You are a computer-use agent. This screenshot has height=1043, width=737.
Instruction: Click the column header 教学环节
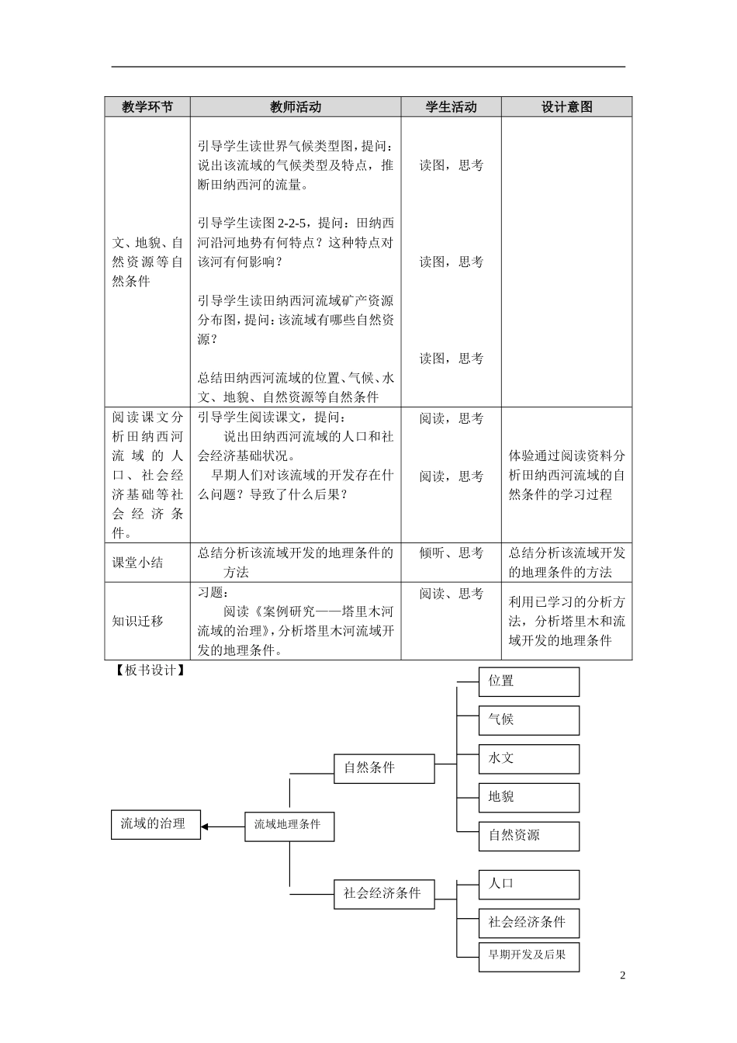pyautogui.click(x=147, y=107)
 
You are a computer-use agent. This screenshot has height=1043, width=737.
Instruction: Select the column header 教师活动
pyautogui.click(x=296, y=107)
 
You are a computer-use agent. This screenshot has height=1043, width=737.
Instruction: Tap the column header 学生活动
pyautogui.click(x=451, y=107)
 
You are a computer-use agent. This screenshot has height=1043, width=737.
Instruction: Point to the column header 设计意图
pyautogui.click(x=566, y=107)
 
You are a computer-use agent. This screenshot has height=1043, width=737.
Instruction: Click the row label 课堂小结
pyautogui.click(x=138, y=563)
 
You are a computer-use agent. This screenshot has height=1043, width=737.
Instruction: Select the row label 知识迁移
pyautogui.click(x=138, y=621)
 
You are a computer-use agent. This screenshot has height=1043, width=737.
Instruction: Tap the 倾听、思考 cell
pyautogui.click(x=451, y=553)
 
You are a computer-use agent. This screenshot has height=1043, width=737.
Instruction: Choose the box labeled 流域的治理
pyautogui.click(x=155, y=824)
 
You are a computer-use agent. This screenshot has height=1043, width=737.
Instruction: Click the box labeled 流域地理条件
pyautogui.click(x=289, y=826)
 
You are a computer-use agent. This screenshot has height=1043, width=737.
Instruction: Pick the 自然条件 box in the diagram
pyautogui.click(x=384, y=768)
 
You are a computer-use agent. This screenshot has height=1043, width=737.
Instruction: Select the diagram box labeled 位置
pyautogui.click(x=529, y=681)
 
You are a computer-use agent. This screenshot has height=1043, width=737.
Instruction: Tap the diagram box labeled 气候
pyautogui.click(x=529, y=720)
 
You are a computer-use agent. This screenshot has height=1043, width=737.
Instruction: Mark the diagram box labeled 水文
pyautogui.click(x=529, y=759)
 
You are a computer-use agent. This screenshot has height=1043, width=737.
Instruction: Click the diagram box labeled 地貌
pyautogui.click(x=529, y=798)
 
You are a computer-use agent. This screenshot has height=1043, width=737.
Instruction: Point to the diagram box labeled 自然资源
pyautogui.click(x=529, y=837)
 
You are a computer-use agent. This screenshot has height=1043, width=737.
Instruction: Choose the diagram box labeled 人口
pyautogui.click(x=529, y=884)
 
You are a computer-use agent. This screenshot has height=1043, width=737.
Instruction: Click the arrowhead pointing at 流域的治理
pyautogui.click(x=206, y=826)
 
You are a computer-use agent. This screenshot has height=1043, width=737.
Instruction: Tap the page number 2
pyautogui.click(x=622, y=975)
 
